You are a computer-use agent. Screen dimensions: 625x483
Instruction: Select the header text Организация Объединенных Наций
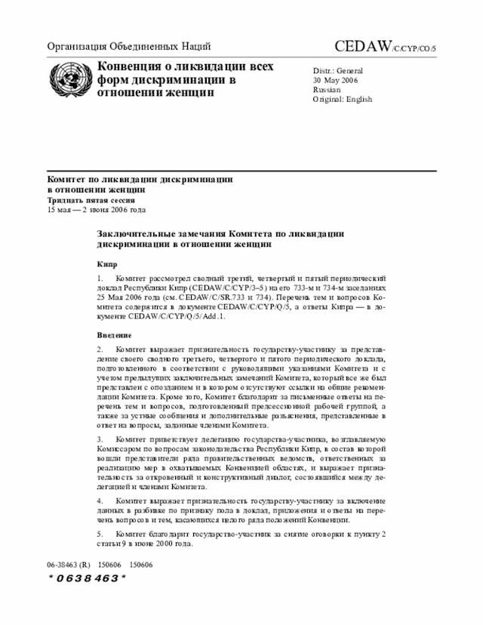(129, 46)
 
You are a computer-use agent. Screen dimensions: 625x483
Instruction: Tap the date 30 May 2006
(336, 80)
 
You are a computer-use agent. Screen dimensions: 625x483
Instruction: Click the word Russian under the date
(328, 90)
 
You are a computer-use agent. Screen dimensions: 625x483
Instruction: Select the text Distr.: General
(338, 71)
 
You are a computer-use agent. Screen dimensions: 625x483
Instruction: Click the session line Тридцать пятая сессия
(91, 200)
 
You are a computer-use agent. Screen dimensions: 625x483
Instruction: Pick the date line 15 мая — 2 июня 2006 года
(97, 209)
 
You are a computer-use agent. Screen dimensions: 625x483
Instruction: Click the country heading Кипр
(106, 265)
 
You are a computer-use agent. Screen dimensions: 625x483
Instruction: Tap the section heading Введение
(114, 334)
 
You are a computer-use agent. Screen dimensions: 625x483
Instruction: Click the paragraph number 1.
(100, 279)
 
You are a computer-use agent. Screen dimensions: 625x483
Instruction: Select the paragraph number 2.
(100, 349)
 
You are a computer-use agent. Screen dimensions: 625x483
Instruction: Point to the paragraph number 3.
(100, 439)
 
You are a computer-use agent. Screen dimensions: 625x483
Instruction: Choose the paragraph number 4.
(100, 500)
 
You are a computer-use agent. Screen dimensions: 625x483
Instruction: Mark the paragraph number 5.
(100, 535)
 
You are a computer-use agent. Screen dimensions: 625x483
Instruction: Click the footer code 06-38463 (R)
(69, 564)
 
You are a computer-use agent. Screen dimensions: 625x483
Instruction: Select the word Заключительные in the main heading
(141, 234)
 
